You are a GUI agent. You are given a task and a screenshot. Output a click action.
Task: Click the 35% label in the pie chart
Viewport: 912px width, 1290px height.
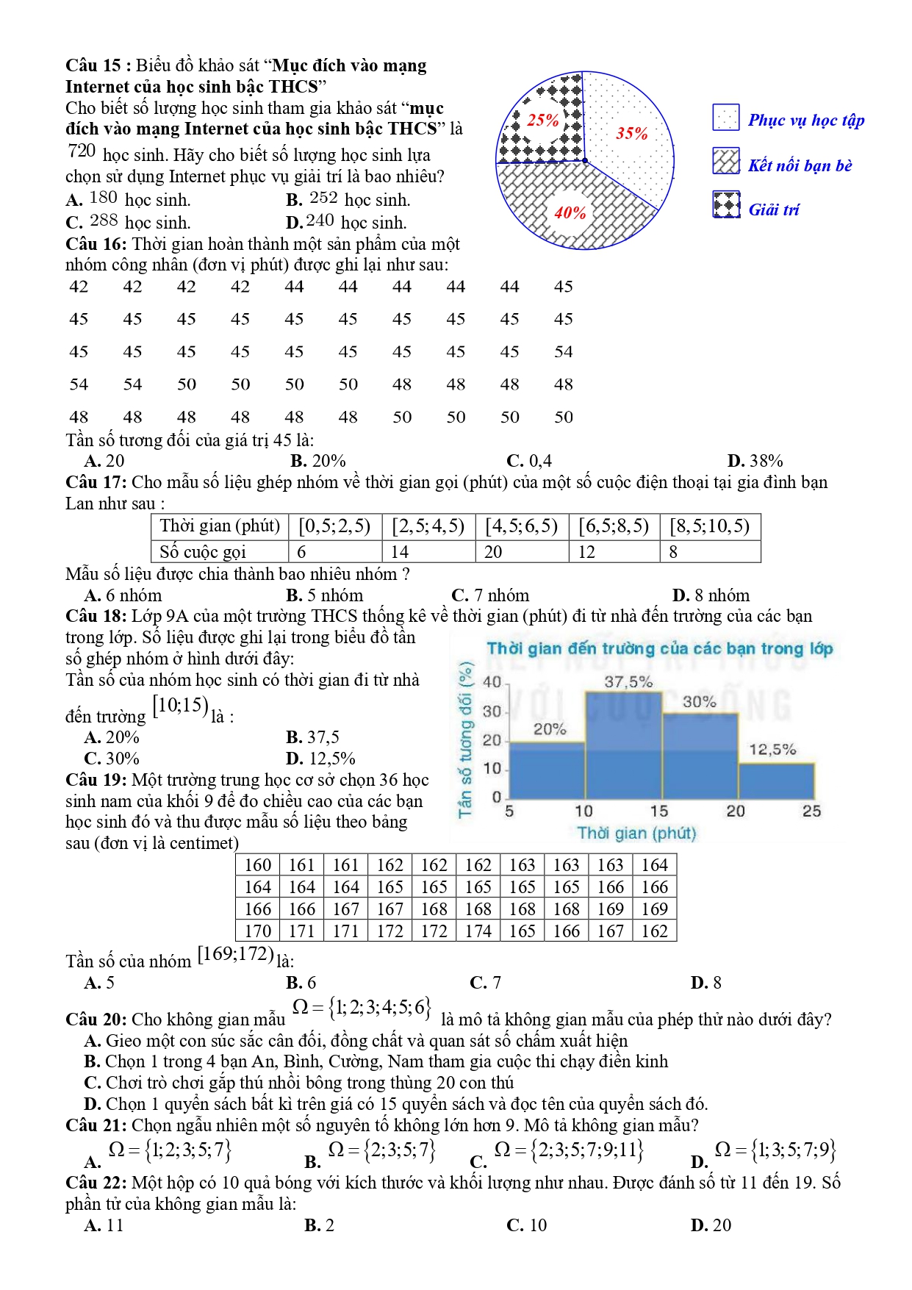(632, 133)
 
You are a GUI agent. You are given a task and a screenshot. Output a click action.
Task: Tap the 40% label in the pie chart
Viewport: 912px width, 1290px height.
(570, 213)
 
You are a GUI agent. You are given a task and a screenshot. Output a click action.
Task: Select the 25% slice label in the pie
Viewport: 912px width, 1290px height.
(543, 120)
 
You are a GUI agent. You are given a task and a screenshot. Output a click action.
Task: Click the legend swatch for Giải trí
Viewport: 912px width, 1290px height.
(726, 205)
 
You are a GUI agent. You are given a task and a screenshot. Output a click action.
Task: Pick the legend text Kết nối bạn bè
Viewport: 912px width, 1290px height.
(800, 165)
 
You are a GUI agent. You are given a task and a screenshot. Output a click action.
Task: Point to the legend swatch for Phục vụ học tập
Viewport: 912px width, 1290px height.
(726, 118)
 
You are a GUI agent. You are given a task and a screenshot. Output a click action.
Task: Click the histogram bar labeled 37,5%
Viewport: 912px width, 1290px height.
(623, 746)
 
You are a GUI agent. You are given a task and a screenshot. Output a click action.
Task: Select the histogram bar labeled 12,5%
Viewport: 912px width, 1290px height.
(776, 781)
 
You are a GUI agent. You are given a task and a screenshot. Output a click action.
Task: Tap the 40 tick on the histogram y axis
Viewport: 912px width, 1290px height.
(492, 682)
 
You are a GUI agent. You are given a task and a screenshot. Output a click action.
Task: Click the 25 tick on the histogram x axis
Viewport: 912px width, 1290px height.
(811, 811)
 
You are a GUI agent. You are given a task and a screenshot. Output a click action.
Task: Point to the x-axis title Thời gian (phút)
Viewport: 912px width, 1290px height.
(636, 833)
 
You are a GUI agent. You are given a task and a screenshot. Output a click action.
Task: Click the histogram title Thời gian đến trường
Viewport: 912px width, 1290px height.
(659, 648)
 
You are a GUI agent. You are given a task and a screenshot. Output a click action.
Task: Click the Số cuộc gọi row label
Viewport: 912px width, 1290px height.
(203, 552)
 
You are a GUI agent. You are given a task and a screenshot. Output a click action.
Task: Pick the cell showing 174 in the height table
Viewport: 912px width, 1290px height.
(478, 931)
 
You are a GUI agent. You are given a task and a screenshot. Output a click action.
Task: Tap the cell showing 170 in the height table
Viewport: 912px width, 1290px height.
(258, 931)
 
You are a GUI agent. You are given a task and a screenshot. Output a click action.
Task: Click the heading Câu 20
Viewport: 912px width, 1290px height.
(96, 1020)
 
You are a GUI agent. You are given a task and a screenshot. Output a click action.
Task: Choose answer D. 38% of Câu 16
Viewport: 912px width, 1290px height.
(755, 461)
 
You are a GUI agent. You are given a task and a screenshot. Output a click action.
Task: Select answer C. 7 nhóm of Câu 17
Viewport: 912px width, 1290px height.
(490, 595)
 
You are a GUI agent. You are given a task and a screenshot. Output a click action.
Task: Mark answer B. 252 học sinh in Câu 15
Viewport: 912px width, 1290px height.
(348, 199)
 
